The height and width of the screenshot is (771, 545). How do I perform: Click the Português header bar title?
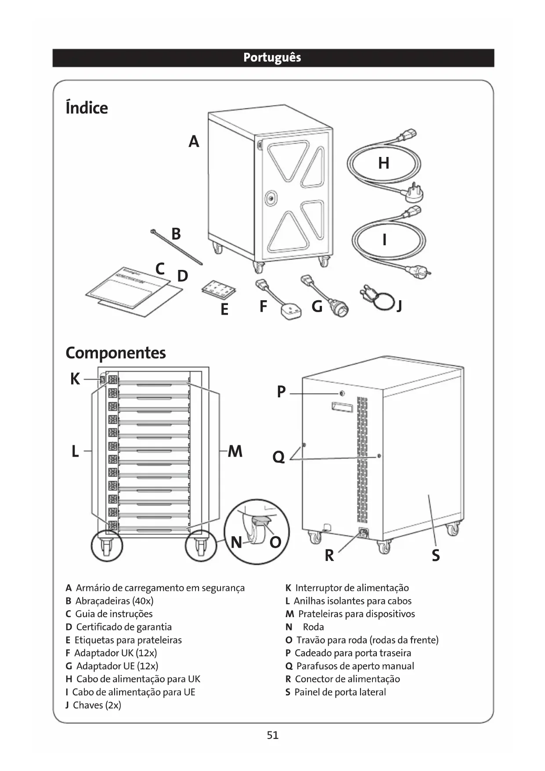[x=272, y=58]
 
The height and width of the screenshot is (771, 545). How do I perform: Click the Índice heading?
[x=87, y=108]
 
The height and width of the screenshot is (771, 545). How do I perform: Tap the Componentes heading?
[x=115, y=353]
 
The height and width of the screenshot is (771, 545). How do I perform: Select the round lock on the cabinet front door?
[x=271, y=199]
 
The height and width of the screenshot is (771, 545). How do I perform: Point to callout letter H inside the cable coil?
[x=384, y=163]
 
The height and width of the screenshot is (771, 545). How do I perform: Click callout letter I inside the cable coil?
[x=385, y=240]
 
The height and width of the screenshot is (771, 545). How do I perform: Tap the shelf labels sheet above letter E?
[x=219, y=290]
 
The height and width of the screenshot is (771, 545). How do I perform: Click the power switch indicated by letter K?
[x=103, y=379]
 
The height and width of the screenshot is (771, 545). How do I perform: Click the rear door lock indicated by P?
[x=342, y=393]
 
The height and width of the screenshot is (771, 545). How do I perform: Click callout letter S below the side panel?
[x=435, y=556]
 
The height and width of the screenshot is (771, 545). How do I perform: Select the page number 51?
[x=273, y=735]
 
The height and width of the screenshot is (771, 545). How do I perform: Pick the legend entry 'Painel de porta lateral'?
[x=340, y=692]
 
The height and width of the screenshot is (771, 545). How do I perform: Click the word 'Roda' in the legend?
[x=313, y=627]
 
